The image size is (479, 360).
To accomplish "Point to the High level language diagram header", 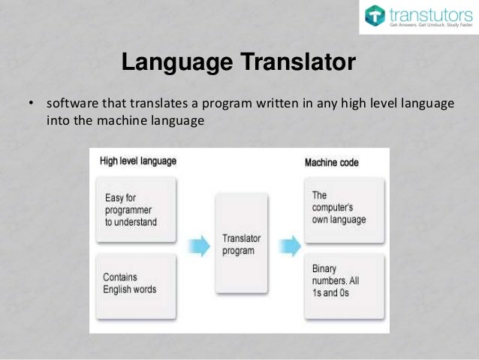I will coord(138,162).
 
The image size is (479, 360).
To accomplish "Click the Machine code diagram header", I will coord(331,162).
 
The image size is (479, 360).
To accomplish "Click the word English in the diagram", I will coord(121,289).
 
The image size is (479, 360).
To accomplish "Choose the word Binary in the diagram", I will coord(324,268).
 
